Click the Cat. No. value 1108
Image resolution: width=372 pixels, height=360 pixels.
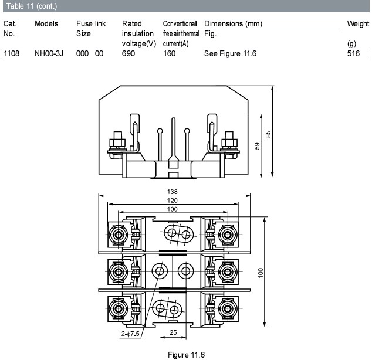tap(11, 53)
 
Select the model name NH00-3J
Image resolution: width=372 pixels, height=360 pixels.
tap(49, 53)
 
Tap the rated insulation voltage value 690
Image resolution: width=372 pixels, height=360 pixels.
tap(128, 53)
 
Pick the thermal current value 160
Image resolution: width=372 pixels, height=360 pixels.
tap(169, 53)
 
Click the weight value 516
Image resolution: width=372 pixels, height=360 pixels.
tap(353, 53)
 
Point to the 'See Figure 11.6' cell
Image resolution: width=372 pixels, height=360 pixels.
tap(230, 53)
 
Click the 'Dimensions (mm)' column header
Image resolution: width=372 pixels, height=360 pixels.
tap(233, 23)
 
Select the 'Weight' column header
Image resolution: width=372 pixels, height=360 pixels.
tap(358, 23)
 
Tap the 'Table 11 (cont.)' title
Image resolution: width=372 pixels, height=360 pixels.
tap(32, 6)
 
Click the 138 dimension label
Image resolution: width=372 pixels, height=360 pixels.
tap(172, 192)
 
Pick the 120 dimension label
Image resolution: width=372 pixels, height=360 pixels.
tap(172, 201)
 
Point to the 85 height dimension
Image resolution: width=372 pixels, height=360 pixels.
tap(268, 134)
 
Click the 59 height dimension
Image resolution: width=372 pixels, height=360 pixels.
tap(257, 146)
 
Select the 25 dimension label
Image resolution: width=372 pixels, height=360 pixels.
tap(173, 332)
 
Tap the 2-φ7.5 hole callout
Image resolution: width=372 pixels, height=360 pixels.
tap(130, 334)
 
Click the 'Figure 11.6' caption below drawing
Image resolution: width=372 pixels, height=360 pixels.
tap(186, 355)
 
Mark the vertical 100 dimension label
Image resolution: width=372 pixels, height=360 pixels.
tap(261, 273)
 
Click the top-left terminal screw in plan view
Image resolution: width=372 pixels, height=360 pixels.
tap(118, 235)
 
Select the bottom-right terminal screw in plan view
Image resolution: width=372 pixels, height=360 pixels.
tap(228, 308)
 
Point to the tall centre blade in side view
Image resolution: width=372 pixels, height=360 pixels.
tap(174, 140)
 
